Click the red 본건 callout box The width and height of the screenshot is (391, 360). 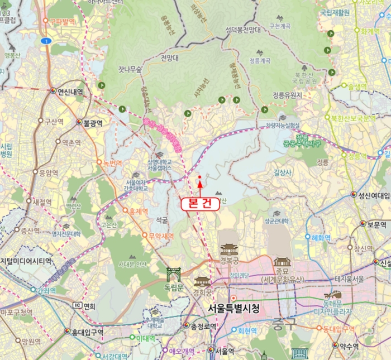tap(200, 204)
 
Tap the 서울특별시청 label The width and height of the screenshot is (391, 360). tap(233, 308)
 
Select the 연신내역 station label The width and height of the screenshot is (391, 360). tap(70, 92)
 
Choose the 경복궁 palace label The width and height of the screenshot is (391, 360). tap(229, 261)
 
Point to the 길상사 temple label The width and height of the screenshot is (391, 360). tap(283, 173)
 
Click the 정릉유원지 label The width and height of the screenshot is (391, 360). tap(287, 95)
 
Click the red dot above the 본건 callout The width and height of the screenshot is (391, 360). tap(199, 178)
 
